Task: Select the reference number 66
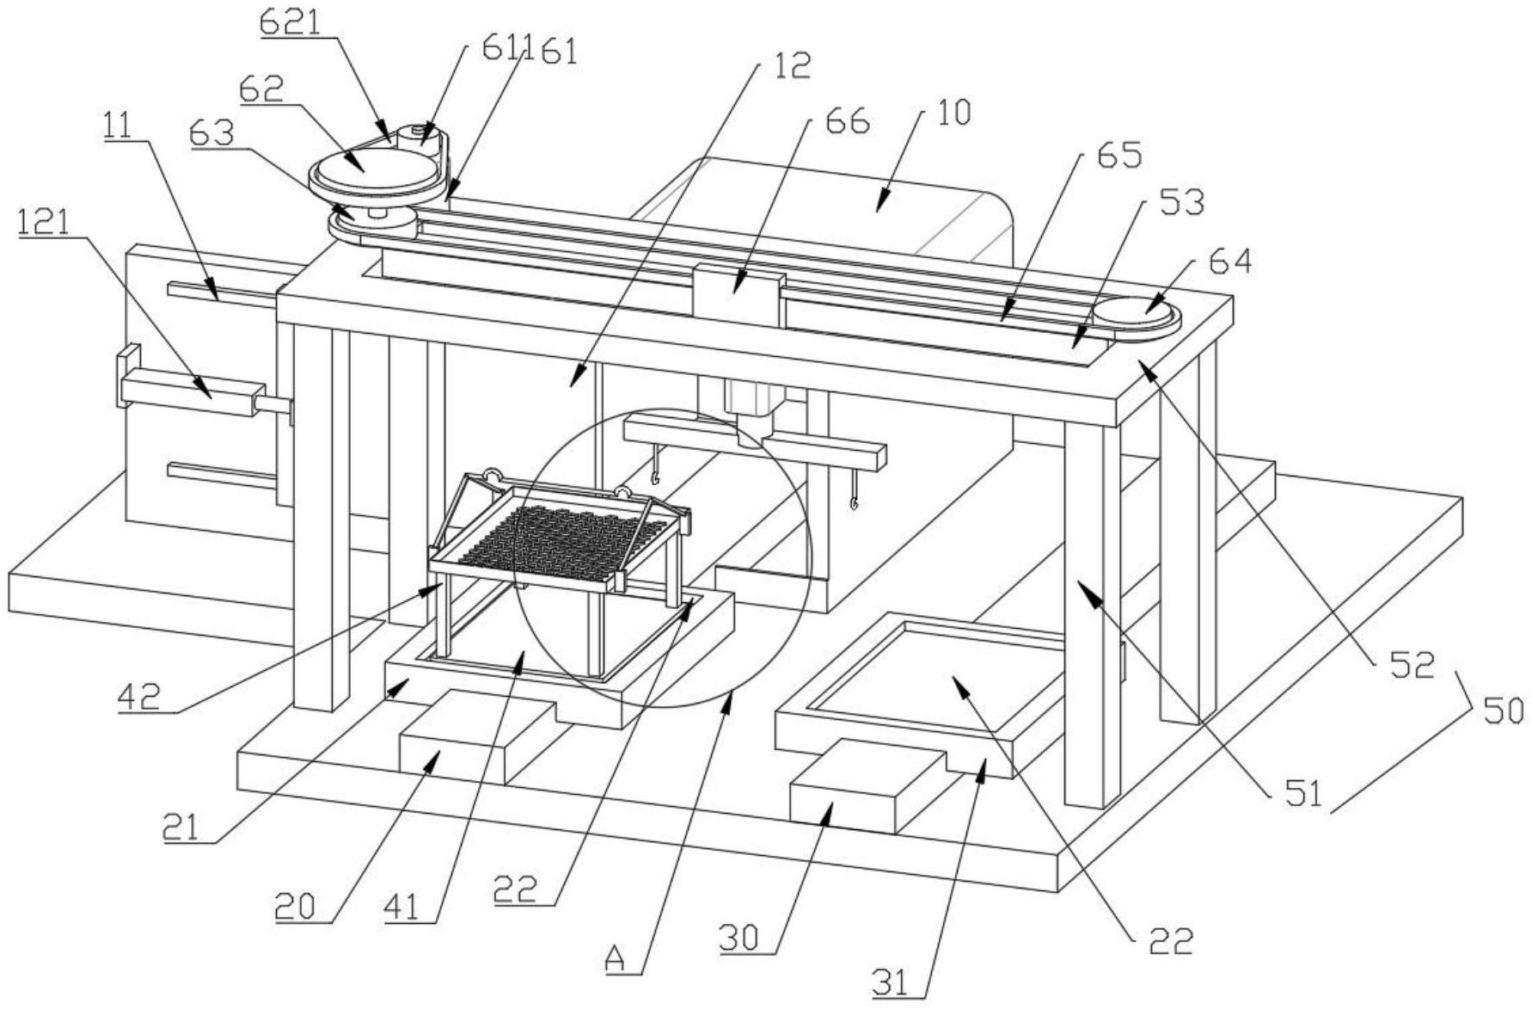[x=847, y=120]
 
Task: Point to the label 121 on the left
[x=43, y=224]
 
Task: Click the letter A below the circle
[x=615, y=957]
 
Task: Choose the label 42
[x=138, y=695]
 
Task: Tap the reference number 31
[x=892, y=982]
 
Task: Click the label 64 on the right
[x=1229, y=261]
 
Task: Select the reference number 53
[x=1181, y=202]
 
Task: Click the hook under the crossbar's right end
[x=855, y=497]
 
